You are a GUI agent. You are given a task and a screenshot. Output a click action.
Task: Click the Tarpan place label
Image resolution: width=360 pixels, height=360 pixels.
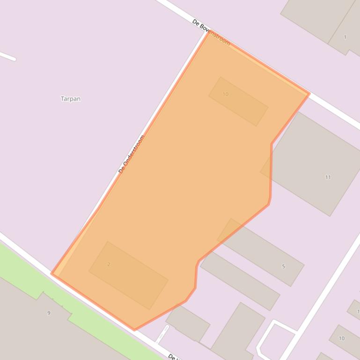(71, 99)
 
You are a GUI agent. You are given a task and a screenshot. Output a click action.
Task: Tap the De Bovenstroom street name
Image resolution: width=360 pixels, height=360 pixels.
(212, 32)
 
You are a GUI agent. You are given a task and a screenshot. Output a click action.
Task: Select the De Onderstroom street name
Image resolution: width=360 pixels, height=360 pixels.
(132, 154)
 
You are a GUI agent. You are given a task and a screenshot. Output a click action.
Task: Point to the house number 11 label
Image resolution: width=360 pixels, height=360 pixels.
(328, 177)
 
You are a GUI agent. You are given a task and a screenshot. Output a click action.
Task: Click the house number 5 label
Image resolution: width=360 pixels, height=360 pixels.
(283, 266)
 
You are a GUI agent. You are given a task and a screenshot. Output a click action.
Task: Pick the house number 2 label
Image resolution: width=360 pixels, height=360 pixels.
(109, 265)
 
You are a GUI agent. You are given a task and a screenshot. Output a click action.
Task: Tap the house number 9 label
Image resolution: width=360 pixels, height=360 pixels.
(49, 313)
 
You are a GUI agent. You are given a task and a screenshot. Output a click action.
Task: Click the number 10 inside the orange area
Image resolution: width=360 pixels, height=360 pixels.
(225, 94)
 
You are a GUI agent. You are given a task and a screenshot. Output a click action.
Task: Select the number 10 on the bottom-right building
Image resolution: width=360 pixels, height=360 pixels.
(342, 338)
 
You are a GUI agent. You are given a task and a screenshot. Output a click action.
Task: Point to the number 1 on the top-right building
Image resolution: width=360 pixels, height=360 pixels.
(345, 37)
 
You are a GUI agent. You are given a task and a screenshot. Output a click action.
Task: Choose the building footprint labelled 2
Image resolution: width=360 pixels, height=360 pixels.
(129, 276)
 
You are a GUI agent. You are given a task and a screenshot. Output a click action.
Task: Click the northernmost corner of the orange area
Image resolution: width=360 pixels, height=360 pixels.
(209, 31)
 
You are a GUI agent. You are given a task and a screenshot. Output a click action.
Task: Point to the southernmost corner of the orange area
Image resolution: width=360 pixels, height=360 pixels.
(134, 330)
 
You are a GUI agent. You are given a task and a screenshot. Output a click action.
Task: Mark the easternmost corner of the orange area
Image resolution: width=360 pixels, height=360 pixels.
(309, 94)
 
